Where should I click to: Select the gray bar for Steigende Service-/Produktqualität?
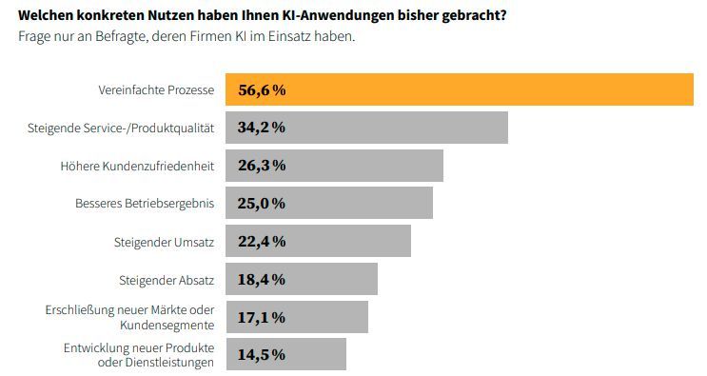pos(400,128)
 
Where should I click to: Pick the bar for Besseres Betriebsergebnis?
pos(362,203)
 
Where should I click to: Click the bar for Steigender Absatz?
pos(333,279)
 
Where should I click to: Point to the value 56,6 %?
pos(262,90)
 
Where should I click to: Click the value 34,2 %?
pos(262,128)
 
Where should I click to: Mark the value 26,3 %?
pos(262,166)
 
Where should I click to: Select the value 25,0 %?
pos(262,203)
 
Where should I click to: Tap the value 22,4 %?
pos(262,241)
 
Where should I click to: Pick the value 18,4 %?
pos(262,279)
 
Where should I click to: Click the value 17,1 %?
pos(262,317)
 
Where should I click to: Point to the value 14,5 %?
pos(262,354)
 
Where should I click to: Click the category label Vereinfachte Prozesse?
pos(156,90)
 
